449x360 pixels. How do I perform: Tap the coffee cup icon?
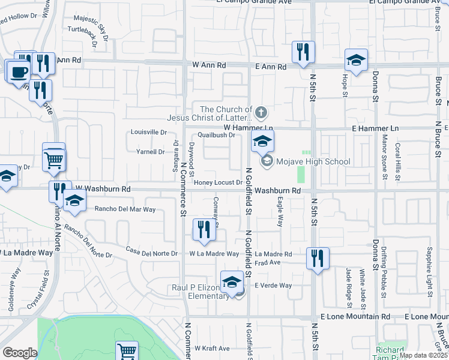[17, 72]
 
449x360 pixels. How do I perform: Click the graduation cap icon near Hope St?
[356, 61]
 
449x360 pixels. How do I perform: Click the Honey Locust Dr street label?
[217, 182]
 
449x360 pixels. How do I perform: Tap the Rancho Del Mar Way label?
[125, 209]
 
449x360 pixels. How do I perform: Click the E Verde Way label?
[273, 286]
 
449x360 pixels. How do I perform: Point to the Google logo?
[20, 352]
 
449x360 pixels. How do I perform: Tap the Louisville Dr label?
[149, 132]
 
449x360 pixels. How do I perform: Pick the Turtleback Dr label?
[83, 29]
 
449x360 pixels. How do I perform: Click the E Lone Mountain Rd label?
[355, 316]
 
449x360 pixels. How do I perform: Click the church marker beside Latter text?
[261, 112]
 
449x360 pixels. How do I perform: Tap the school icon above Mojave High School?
[262, 142]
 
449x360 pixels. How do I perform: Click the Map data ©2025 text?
[423, 355]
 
